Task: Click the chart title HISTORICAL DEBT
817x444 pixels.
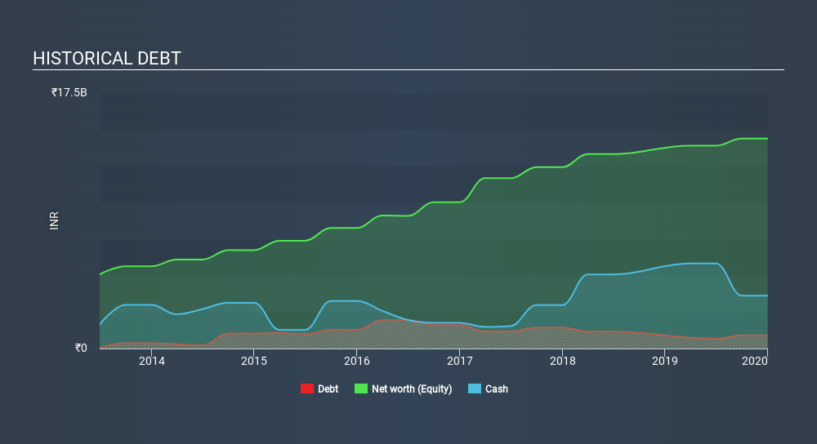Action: coord(107,59)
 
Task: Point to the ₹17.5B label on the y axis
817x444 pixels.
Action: coord(69,93)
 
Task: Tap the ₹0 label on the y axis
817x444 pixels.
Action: coord(80,348)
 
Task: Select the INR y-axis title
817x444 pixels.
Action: coord(55,220)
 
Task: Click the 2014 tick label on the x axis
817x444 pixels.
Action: coord(151,361)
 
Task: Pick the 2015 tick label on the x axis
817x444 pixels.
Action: coord(254,361)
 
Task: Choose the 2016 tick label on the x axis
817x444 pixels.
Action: coord(356,361)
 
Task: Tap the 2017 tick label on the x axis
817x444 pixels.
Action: coord(460,361)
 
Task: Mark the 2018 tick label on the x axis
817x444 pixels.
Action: coord(562,361)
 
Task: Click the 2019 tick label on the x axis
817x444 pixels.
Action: coord(665,361)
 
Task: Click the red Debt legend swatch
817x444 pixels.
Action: coord(307,389)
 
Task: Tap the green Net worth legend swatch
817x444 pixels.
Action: coord(360,389)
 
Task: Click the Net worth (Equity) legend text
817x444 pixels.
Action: coord(411,389)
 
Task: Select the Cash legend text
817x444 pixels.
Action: coord(496,389)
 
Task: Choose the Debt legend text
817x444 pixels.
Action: coord(328,389)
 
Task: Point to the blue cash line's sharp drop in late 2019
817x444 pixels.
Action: coord(730,281)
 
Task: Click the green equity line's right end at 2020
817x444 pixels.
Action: coord(766,139)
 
